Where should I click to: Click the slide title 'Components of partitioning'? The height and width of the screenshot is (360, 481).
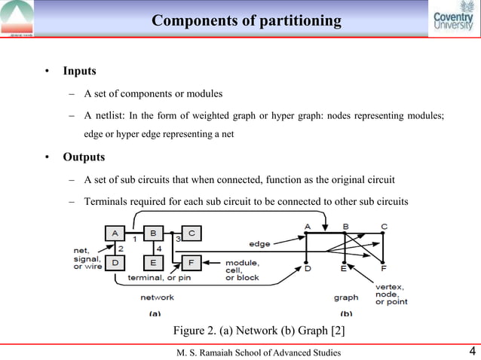[x=247, y=20]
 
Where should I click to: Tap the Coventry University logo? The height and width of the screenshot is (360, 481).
[x=454, y=19]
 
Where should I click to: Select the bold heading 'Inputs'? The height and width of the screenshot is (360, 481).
[x=79, y=71]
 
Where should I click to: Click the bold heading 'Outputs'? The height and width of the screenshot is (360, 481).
[x=84, y=157]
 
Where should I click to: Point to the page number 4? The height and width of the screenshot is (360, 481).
[x=471, y=350]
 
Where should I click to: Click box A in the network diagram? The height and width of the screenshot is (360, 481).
[x=115, y=233]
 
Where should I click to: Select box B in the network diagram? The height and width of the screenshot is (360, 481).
[x=152, y=233]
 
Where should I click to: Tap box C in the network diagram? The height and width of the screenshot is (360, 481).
[x=191, y=233]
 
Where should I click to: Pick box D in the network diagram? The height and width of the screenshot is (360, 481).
[x=115, y=262]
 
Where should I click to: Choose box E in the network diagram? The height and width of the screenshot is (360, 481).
[x=152, y=262]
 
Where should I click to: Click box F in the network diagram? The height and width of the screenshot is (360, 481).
[x=191, y=262]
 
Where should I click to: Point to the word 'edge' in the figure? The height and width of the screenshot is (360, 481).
[x=260, y=243]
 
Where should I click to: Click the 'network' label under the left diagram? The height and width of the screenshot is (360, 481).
[x=157, y=297]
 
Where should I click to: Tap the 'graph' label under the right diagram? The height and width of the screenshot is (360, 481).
[x=346, y=297]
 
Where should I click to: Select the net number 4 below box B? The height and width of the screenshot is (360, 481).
[x=158, y=248]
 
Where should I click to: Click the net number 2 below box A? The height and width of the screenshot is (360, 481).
[x=121, y=248]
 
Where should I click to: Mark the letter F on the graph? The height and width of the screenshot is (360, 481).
[x=384, y=268]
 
